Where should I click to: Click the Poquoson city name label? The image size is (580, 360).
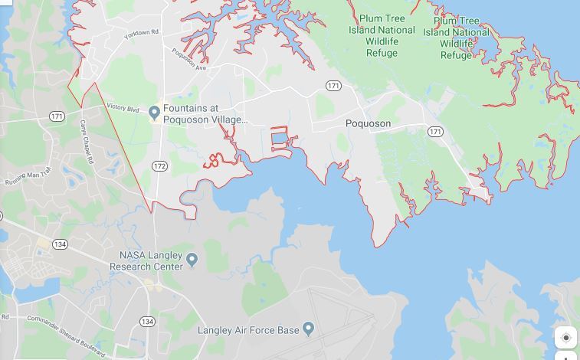[x=368, y=123]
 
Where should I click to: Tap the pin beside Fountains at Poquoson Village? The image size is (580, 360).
[x=154, y=113]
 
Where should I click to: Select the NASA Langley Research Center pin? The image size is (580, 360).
[x=192, y=260]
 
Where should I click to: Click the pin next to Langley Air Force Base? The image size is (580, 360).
[x=308, y=329]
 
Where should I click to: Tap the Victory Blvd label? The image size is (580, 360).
[x=123, y=108]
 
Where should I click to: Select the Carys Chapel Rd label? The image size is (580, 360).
[x=86, y=142]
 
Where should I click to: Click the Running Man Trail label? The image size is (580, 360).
[x=27, y=177]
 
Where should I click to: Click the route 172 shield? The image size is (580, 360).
[x=159, y=165]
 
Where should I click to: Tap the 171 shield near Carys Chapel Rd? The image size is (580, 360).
[x=57, y=116]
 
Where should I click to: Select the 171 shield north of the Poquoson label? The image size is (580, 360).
[x=333, y=86]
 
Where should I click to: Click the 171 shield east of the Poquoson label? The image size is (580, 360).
[x=435, y=132]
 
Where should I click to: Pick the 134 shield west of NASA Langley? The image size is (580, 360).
[x=61, y=244]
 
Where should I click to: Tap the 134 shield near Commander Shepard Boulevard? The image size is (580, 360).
[x=146, y=321]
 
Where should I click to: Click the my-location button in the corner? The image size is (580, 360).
[x=565, y=337]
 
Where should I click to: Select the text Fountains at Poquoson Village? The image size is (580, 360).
[x=205, y=114]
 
